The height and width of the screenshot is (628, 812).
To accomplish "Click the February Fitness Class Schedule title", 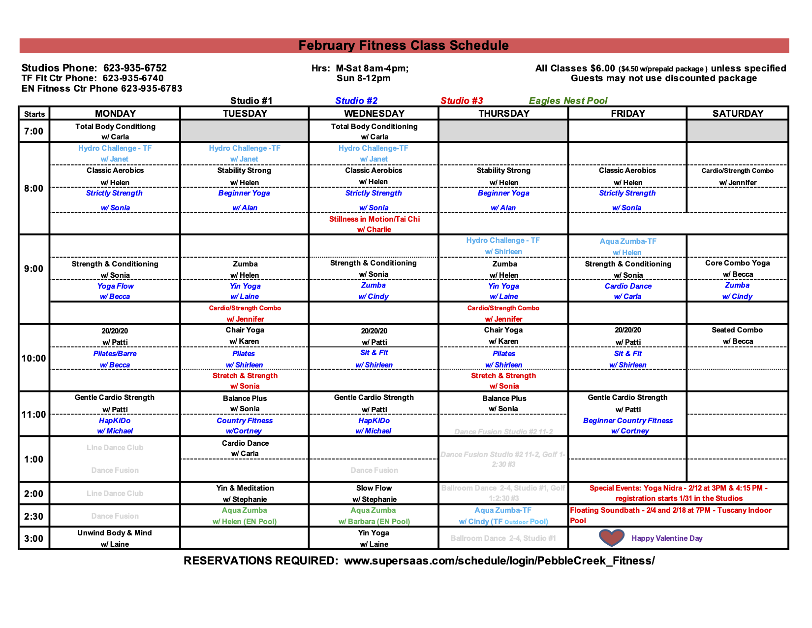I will coord(404,46).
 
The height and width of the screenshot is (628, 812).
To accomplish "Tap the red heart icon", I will coord(611,538).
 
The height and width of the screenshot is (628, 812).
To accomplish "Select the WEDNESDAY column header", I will coord(374,113).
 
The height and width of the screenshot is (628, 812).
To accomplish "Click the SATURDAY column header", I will coord(738,113).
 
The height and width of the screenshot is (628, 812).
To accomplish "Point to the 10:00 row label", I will coord(34,358).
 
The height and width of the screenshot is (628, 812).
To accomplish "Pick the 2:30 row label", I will coord(34,516).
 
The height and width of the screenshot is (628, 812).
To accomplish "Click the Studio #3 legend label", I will coord(462,100).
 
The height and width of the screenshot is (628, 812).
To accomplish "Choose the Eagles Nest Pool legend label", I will coord(568,100).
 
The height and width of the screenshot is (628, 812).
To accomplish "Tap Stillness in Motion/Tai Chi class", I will coord(375,219).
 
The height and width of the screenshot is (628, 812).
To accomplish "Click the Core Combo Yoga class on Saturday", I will coord(737,263).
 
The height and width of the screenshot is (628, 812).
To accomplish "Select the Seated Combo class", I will coord(737,330).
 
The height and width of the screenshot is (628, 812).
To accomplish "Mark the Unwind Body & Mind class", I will coord(115,533).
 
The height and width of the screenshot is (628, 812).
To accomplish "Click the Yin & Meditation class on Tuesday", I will coord(245,488).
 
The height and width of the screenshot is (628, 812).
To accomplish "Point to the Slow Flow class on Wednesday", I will coord(374,488).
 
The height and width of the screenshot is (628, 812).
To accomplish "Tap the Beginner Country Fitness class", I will coord(628,421).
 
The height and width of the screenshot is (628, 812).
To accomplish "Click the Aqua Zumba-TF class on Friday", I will coord(628,241).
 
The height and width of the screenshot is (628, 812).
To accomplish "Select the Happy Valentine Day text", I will coord(667,538).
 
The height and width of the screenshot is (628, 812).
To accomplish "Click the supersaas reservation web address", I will coord(499,561).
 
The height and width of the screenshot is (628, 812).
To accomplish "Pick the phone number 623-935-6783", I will coord(152,89).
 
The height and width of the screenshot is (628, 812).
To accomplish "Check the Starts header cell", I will coord(34,114).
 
